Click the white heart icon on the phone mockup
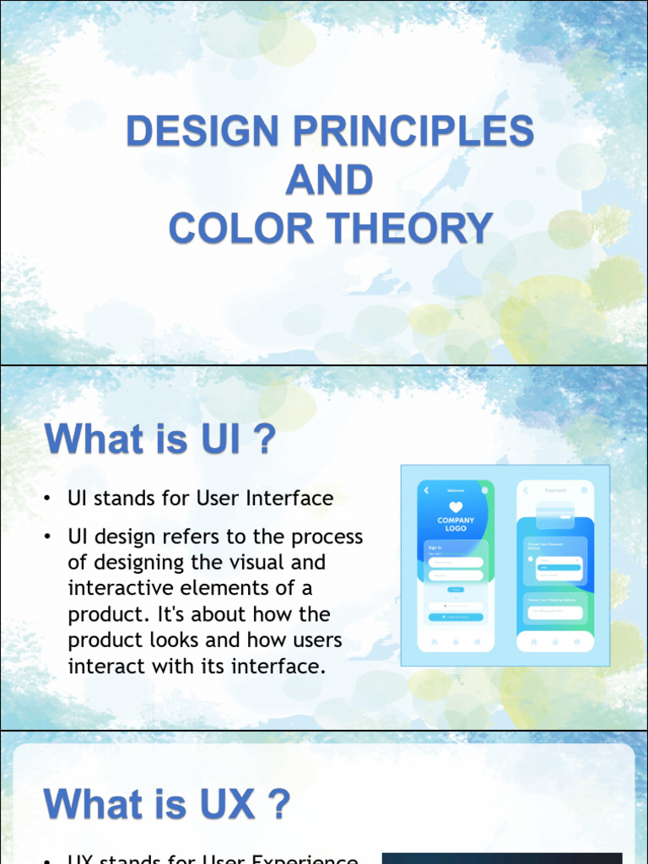tap(456, 508)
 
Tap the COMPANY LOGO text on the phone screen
tap(456, 525)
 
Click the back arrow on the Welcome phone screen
tap(426, 490)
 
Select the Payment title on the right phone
tap(555, 490)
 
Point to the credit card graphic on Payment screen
tap(555, 512)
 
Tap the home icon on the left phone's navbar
tap(435, 642)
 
